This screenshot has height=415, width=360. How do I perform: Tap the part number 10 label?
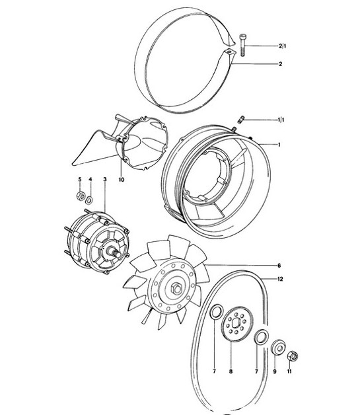coord(122,180)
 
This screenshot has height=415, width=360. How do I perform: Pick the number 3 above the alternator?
coord(104,180)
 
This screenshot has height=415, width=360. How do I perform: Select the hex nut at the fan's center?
coord(178,288)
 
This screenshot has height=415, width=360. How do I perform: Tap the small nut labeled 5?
coord(79,196)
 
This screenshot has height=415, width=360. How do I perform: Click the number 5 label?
coord(79,180)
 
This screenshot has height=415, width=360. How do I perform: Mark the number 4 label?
coord(90,180)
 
